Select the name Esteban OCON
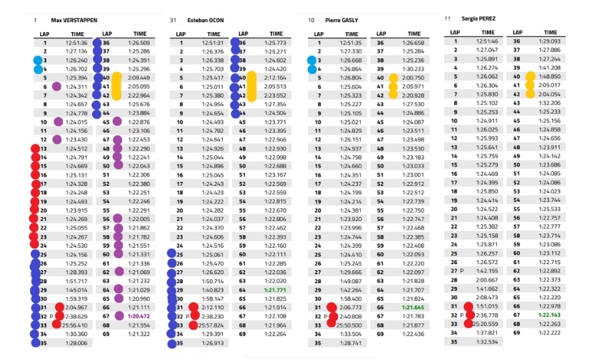(204, 20)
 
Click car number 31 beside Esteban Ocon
(173, 20)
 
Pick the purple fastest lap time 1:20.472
(139, 315)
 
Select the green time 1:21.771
(274, 290)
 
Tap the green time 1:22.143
(549, 315)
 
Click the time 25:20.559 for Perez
(485, 324)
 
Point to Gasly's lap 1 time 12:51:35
(350, 43)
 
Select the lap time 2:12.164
(274, 78)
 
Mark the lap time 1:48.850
(549, 77)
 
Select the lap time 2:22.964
(139, 95)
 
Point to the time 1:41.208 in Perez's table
(549, 68)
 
